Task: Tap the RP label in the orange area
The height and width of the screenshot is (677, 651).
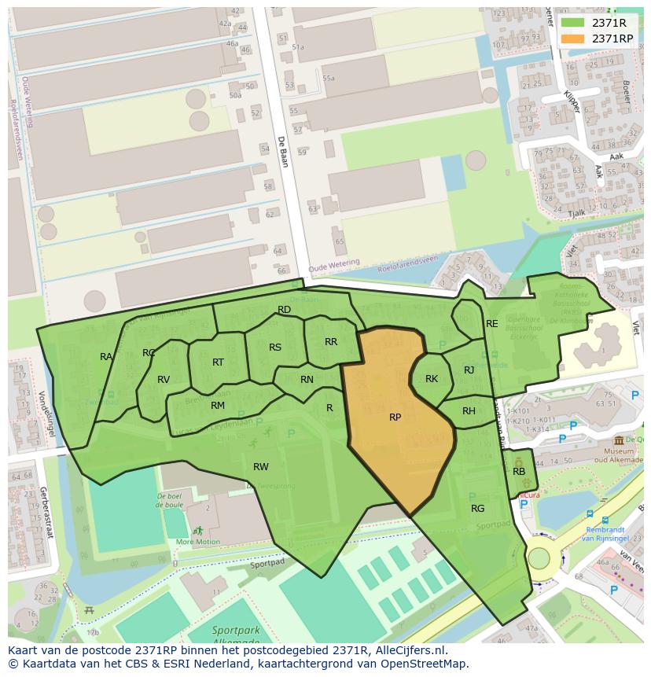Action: [x=395, y=418]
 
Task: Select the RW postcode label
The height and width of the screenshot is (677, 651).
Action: [x=261, y=467]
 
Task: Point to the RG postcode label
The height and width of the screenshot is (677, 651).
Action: [x=477, y=509]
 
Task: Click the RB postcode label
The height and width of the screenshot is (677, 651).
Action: [x=519, y=472]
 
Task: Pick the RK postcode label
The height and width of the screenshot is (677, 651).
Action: [x=432, y=379]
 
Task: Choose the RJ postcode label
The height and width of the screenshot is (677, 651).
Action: [x=469, y=370]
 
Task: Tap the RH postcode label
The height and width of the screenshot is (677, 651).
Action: [x=469, y=411]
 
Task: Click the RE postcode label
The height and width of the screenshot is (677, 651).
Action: [x=492, y=324]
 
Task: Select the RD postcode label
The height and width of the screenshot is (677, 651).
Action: [x=285, y=310]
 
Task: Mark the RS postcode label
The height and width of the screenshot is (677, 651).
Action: [x=275, y=348]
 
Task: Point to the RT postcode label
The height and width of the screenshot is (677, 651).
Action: [x=219, y=362]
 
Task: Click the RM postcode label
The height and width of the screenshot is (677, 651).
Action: [x=218, y=406]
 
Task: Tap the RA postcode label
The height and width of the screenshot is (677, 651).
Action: [x=106, y=357]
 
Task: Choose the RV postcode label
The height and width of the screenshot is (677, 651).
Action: [x=164, y=380]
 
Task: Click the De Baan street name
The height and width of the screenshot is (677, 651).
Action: [x=281, y=152]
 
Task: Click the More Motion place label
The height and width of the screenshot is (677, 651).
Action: [x=198, y=542]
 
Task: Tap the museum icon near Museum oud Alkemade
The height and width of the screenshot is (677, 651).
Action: [x=620, y=440]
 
